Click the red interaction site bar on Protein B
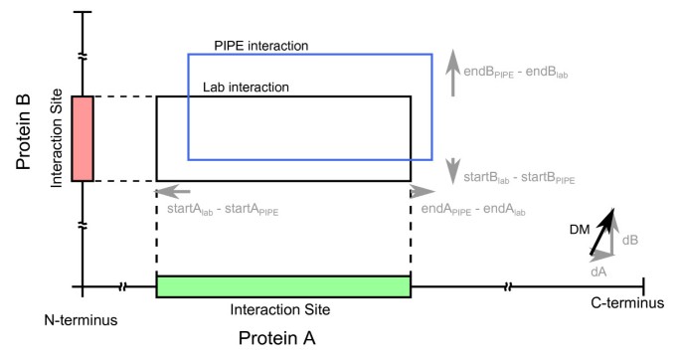tap(83, 138)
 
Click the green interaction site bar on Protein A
tap(283, 286)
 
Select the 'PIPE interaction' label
tap(261, 46)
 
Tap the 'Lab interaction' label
tap(246, 88)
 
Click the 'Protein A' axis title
tap(276, 338)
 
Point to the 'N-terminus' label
tap(83, 319)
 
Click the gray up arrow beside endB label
tap(453, 66)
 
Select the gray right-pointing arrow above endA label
tap(422, 190)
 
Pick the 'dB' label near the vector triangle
tap(630, 240)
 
